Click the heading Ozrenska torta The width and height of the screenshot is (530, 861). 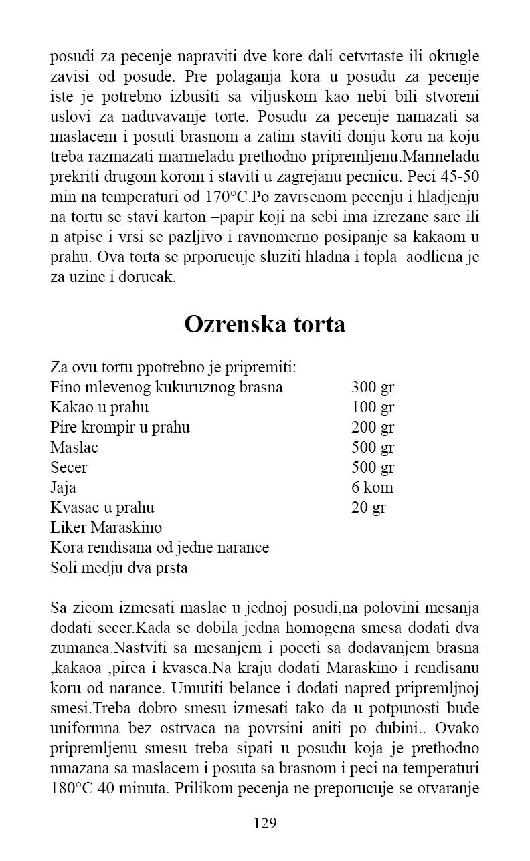264,324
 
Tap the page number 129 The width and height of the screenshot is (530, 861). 265,823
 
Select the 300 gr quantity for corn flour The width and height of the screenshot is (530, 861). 373,388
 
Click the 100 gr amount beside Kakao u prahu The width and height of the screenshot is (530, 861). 373,408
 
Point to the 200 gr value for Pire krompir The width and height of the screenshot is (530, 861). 373,428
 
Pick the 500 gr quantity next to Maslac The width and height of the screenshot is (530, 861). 373,448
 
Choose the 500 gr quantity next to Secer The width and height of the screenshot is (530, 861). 373,468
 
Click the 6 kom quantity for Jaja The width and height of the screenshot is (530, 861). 372,488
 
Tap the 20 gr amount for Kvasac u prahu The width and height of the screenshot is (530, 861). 369,508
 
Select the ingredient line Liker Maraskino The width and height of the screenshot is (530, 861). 106,528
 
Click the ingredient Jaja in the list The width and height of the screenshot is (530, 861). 63,488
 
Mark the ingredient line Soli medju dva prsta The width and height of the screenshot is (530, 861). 119,568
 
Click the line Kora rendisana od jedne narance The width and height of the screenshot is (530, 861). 159,548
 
